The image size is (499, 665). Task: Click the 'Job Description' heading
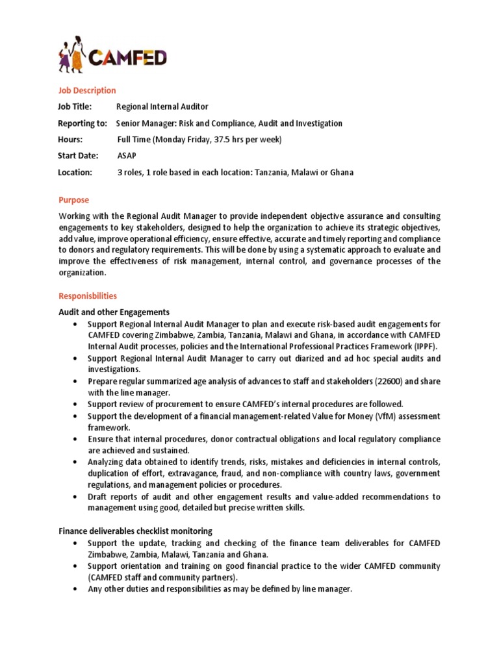pyautogui.click(x=87, y=90)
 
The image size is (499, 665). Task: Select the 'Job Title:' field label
pyautogui.click(x=75, y=107)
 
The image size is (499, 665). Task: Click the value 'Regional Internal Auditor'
pyautogui.click(x=162, y=107)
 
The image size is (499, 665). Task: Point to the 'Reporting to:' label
pyautogui.click(x=83, y=123)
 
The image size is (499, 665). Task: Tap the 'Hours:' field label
pyautogui.click(x=70, y=140)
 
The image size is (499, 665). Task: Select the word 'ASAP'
pyautogui.click(x=127, y=156)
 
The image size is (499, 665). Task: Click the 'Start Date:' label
pyautogui.click(x=78, y=156)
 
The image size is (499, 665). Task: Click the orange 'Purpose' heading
pyautogui.click(x=73, y=200)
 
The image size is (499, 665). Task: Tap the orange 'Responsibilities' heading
pyautogui.click(x=88, y=295)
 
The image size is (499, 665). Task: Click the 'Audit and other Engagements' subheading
pyautogui.click(x=114, y=312)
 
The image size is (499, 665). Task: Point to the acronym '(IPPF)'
pyautogui.click(x=424, y=346)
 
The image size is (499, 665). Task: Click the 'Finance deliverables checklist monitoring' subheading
pyautogui.click(x=135, y=531)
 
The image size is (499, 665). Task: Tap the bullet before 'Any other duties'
pyautogui.click(x=77, y=588)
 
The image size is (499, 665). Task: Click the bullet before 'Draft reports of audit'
pyautogui.click(x=77, y=497)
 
